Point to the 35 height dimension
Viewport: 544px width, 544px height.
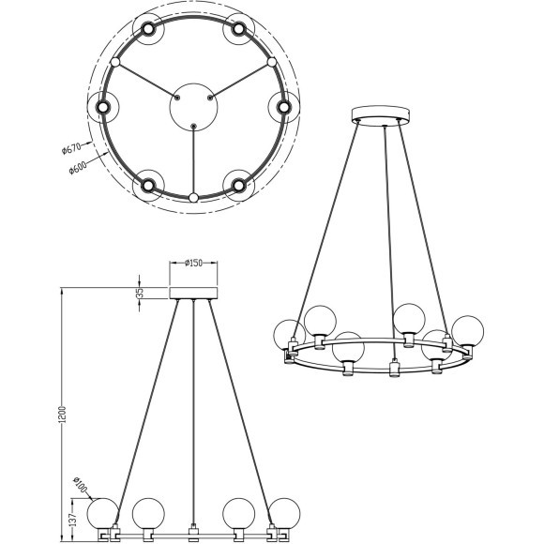click(140, 293)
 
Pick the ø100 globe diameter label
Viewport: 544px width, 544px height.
click(82, 488)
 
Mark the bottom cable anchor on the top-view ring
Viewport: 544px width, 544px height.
click(192, 198)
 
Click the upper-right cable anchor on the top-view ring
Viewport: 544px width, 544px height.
click(272, 62)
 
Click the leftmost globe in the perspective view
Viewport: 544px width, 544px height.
click(287, 335)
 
